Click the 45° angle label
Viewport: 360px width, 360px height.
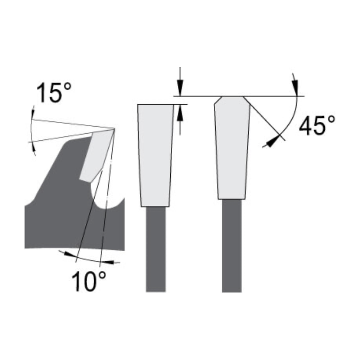[317, 126]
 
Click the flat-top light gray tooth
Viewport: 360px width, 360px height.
[155, 155]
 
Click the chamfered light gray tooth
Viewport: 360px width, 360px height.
[232, 148]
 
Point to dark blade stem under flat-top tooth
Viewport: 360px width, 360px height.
[156, 248]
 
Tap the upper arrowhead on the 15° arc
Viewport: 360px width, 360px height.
[32, 113]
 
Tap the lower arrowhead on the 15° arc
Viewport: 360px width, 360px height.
[33, 147]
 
